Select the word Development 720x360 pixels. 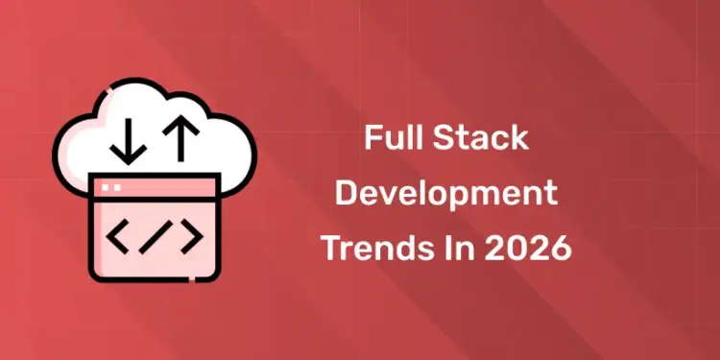[x=447, y=193]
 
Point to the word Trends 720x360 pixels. [x=367, y=249]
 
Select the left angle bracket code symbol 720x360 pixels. [x=118, y=237]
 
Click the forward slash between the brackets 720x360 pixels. [x=153, y=237]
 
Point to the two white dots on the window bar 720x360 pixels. [x=110, y=186]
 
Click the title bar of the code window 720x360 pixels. [x=154, y=186]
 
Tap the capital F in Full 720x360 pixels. [x=371, y=137]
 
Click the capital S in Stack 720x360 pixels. [x=443, y=137]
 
